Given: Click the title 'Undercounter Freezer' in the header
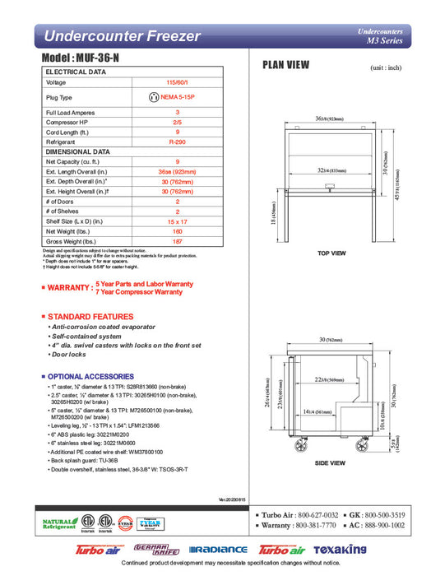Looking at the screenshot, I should pos(123,36).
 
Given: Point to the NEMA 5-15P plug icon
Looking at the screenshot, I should pos(152,97).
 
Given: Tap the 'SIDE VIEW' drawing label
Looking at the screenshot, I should pos(331,463).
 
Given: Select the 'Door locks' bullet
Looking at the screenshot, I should pos(71,355).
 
